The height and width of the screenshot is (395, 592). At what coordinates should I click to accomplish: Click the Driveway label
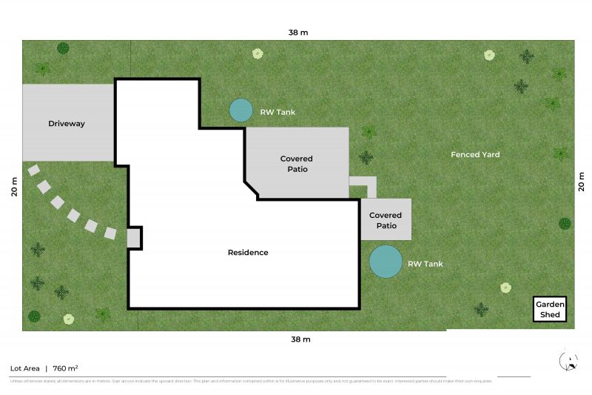67,124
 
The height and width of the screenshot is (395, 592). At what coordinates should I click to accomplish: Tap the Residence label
248,253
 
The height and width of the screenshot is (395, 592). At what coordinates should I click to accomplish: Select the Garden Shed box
551,310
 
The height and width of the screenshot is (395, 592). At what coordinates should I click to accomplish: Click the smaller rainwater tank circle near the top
240,110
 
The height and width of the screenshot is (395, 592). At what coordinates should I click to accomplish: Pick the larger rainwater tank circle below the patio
386,262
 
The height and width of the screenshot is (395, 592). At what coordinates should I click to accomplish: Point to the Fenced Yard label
475,155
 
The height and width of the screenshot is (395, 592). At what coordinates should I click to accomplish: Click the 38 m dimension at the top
299,33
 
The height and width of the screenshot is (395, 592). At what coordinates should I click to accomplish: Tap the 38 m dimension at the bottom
300,339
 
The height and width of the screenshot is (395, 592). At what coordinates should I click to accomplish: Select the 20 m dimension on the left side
13,186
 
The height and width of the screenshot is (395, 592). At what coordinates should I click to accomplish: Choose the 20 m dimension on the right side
581,182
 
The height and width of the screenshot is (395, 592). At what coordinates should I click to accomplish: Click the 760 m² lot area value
66,368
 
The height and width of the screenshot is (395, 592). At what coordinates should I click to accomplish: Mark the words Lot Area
24,368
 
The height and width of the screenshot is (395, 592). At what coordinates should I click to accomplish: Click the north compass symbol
568,361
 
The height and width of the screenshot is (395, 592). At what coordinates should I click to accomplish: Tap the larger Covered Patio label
296,164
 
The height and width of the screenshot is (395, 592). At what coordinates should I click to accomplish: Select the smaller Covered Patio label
386,220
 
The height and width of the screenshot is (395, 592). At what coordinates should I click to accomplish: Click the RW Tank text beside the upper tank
277,113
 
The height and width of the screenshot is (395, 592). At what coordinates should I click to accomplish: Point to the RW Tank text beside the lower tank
425,264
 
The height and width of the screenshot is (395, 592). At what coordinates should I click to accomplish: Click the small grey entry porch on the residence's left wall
133,238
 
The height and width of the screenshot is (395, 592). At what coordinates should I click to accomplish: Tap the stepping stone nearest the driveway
33,170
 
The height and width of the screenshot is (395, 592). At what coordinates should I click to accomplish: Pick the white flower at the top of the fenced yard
489,55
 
